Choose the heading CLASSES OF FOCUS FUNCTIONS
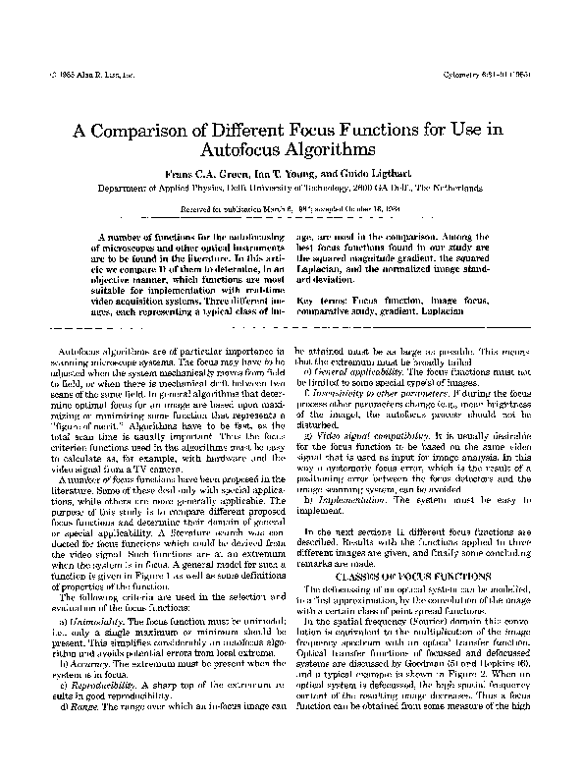pos(405,575)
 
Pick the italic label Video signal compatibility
pos(368,433)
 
